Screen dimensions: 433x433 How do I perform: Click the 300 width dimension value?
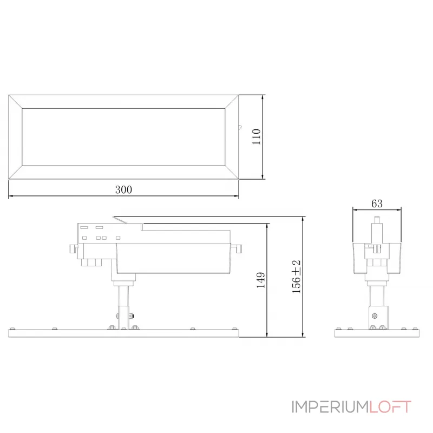(x=123, y=189)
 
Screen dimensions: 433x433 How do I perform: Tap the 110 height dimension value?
(x=256, y=137)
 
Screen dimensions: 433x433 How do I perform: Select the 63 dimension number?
(x=377, y=204)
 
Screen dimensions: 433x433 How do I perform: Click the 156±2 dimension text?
(x=297, y=277)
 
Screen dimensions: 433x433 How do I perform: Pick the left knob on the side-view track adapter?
(x=73, y=249)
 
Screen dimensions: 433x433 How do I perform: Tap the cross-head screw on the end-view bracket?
(x=374, y=314)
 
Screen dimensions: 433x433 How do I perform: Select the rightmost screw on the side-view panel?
(x=233, y=328)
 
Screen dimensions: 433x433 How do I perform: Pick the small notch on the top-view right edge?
(x=239, y=128)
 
